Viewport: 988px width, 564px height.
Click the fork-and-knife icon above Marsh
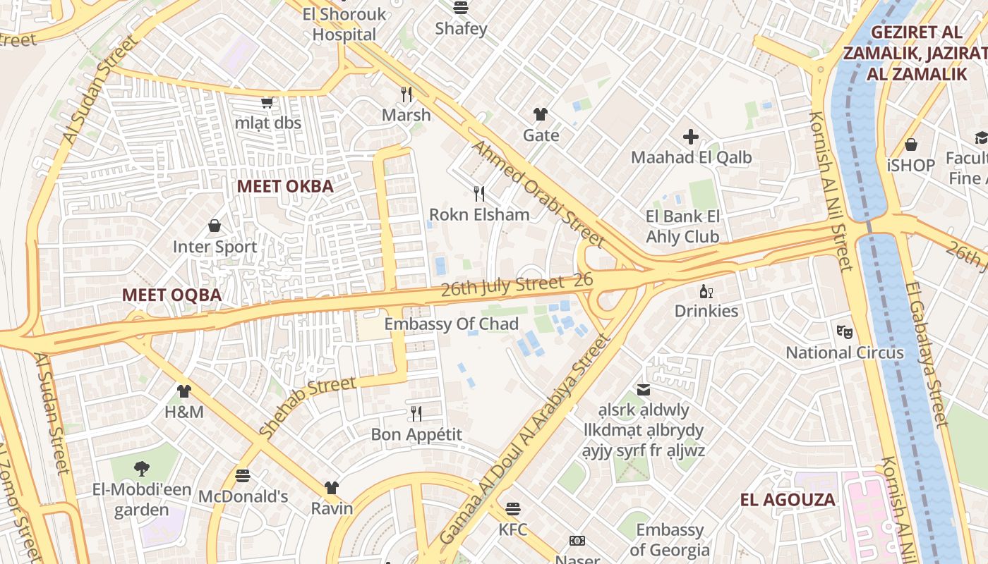point(406,93)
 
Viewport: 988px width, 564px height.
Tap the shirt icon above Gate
point(541,114)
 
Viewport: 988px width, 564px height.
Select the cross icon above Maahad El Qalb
point(691,136)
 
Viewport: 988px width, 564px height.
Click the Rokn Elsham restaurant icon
point(479,193)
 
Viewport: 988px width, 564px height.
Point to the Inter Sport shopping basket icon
point(215,226)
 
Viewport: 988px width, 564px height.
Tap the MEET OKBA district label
point(285,186)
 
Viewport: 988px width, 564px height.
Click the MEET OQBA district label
point(172,295)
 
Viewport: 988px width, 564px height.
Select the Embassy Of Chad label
point(452,324)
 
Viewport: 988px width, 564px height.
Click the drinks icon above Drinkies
point(706,290)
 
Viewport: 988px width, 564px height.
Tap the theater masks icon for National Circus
point(845,330)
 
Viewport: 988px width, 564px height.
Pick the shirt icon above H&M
point(184,391)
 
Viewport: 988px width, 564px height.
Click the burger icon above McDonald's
point(243,475)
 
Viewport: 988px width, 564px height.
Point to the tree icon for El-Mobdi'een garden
point(141,467)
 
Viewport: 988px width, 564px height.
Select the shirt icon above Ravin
point(332,487)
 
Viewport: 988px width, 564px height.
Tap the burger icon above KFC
point(513,508)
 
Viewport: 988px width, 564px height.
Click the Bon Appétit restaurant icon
point(416,413)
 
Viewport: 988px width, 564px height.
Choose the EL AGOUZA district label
point(788,500)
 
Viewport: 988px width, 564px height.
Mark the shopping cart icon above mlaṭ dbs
point(267,103)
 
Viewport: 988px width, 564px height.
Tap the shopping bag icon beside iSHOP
point(911,145)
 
